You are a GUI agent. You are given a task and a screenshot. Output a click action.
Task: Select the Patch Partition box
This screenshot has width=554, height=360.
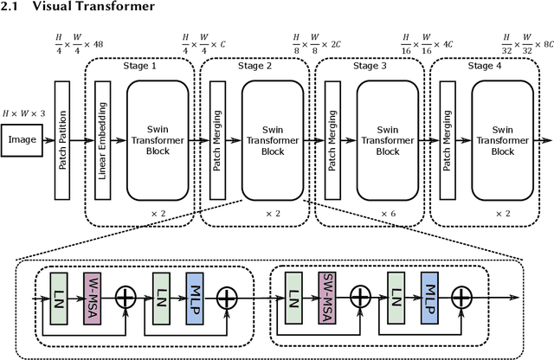tap(62, 139)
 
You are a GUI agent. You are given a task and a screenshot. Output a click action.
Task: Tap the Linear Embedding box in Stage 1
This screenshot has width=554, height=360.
tap(103, 139)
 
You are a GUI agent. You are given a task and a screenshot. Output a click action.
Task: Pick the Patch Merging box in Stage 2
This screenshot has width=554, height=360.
tap(217, 139)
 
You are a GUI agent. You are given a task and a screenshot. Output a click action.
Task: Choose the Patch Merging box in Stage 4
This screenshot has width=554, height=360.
tap(447, 139)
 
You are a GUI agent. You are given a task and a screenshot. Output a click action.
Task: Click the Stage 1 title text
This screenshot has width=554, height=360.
tap(142, 66)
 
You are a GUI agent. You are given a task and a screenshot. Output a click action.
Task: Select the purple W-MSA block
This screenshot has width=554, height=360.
tap(93, 298)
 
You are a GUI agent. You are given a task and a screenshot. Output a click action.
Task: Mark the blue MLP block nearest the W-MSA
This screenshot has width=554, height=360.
tap(194, 298)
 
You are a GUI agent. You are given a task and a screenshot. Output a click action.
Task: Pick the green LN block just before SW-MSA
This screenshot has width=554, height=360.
tap(293, 298)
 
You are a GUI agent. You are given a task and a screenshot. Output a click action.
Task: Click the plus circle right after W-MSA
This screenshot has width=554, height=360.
tap(126, 298)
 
